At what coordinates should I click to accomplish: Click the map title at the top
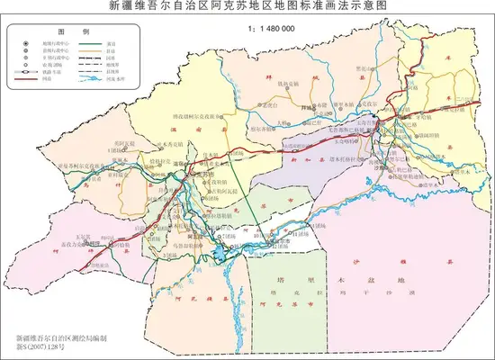point(247,6)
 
